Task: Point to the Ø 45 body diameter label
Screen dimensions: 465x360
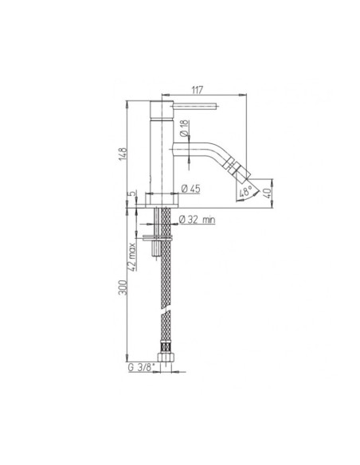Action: pos(195,188)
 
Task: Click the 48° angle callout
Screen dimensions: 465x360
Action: pos(245,192)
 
